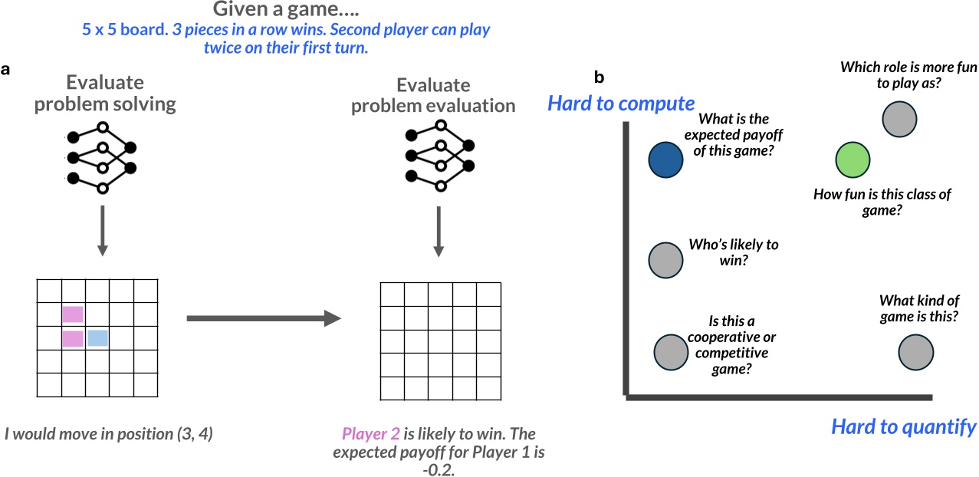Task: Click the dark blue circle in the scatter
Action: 665,160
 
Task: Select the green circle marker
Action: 853,160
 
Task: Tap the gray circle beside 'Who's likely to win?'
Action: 665,259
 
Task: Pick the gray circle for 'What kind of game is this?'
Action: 915,354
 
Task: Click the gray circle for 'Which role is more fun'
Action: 899,119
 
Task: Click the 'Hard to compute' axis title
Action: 621,104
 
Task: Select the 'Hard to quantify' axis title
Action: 904,426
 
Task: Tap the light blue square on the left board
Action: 97,338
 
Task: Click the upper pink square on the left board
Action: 73,314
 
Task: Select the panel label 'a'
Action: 5,69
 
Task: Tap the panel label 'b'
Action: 599,77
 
